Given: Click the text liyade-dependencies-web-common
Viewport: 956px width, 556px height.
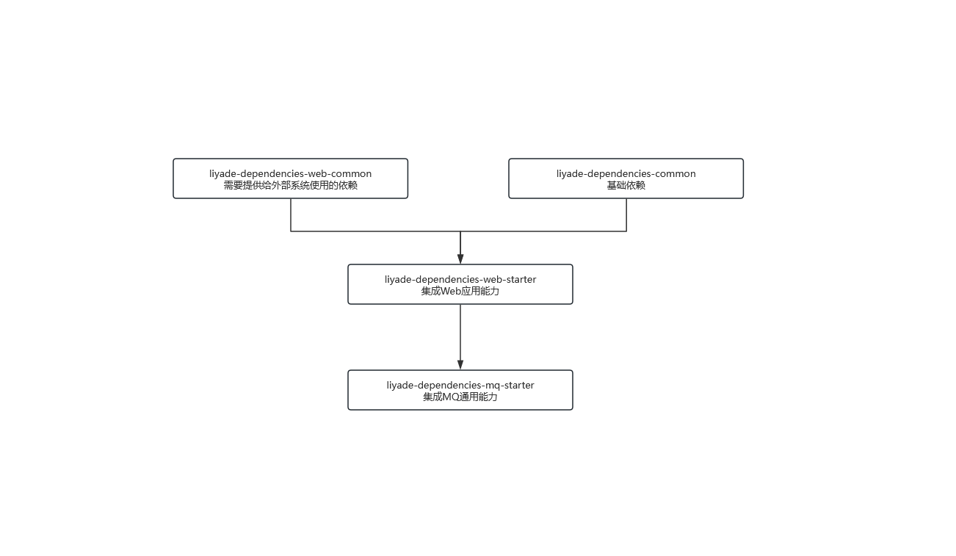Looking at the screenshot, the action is tap(290, 173).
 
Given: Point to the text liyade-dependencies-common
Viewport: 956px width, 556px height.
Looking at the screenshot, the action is tap(626, 173).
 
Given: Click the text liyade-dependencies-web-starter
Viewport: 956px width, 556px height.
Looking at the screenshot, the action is tap(460, 279).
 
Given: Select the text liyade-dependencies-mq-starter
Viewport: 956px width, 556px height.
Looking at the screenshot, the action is tap(460, 385).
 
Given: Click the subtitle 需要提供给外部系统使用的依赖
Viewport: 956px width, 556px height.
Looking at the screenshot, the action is tap(290, 185).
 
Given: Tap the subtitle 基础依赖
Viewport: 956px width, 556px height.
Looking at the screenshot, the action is tap(626, 185).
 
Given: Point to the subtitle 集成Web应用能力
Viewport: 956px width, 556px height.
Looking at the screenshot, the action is tap(460, 292).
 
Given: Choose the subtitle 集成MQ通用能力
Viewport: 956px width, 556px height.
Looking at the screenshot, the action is tap(460, 397).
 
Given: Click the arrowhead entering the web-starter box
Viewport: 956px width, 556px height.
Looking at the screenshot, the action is tap(460, 259).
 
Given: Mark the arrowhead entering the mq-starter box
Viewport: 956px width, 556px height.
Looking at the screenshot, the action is tap(460, 365).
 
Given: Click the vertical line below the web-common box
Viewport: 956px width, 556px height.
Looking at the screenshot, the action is tap(291, 214).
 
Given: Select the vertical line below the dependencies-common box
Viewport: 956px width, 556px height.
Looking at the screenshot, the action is tap(626, 214).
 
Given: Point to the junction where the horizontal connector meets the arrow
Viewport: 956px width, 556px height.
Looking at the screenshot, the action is tap(460, 231).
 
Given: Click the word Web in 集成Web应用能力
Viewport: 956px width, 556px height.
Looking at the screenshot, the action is tap(450, 292).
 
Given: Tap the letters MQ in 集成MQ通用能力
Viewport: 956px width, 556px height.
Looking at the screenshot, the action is tap(451, 397).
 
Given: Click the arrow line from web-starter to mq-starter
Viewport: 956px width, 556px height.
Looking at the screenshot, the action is tap(460, 337).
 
